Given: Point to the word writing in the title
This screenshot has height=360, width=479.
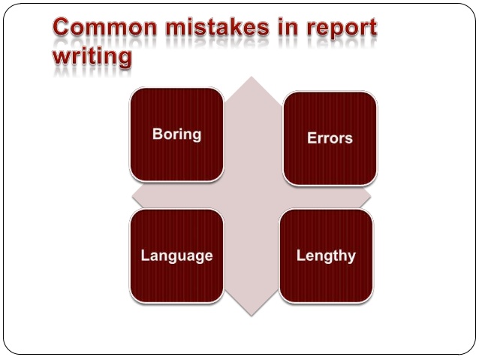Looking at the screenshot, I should (92, 58).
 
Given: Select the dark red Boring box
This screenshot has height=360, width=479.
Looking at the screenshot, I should (176, 135).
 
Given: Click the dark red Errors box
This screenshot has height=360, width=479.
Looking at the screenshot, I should (330, 138).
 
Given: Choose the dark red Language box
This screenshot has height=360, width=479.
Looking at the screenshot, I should (176, 256).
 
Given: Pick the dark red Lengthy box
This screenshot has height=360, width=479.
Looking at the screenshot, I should (326, 256).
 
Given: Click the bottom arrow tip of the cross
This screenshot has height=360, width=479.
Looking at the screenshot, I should (252, 313).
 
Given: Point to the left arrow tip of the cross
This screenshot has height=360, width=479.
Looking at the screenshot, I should (134, 197).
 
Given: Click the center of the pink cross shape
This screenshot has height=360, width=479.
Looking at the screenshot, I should (252, 197).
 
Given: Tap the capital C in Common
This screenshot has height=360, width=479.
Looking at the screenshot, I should (63, 29).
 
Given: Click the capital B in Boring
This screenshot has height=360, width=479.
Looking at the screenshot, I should (157, 135).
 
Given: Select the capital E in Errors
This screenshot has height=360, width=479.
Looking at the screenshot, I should (312, 138).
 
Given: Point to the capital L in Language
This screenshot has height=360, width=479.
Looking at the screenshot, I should (145, 256).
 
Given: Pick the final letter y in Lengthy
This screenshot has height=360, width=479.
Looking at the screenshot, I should (351, 257).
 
